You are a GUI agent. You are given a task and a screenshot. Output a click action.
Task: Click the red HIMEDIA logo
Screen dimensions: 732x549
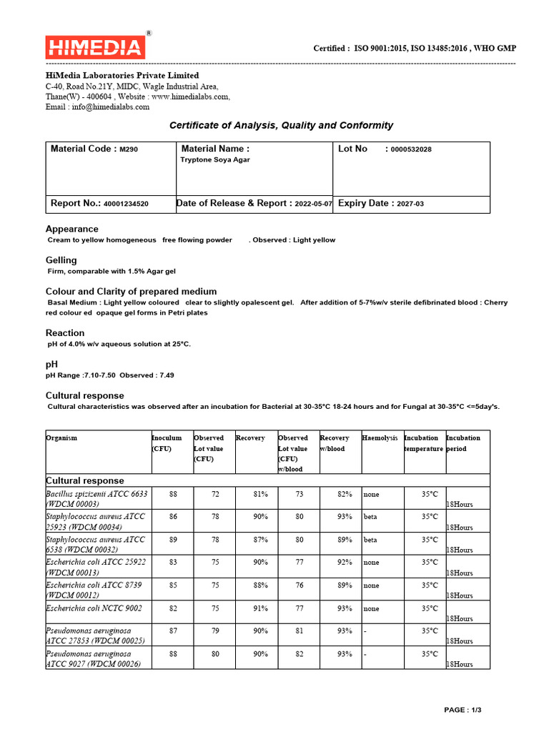(95, 48)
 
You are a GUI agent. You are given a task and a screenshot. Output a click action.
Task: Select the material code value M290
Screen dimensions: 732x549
(129, 149)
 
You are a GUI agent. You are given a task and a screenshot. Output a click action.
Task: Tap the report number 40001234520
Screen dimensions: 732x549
(126, 204)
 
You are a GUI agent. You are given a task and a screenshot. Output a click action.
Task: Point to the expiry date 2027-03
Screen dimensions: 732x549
(410, 204)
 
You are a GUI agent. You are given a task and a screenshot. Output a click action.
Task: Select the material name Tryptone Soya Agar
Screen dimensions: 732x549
(215, 160)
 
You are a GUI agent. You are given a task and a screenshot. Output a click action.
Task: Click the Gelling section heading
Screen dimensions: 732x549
(61, 260)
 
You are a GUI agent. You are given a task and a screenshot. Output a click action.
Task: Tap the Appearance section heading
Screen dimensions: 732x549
(72, 229)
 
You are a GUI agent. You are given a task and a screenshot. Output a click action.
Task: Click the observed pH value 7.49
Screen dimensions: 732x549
(167, 375)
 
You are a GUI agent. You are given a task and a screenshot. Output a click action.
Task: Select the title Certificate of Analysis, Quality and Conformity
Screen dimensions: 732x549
(281, 125)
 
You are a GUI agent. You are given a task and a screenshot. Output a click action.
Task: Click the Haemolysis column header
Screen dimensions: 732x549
(380, 437)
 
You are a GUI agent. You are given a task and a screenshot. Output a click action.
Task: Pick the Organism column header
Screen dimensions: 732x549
(61, 437)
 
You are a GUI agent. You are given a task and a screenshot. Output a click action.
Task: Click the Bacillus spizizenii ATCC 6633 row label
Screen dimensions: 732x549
(97, 498)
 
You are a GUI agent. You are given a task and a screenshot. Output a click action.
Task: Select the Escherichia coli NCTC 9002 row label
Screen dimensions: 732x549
(94, 608)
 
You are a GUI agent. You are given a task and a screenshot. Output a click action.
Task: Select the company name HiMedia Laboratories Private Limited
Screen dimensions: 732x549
(122, 75)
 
